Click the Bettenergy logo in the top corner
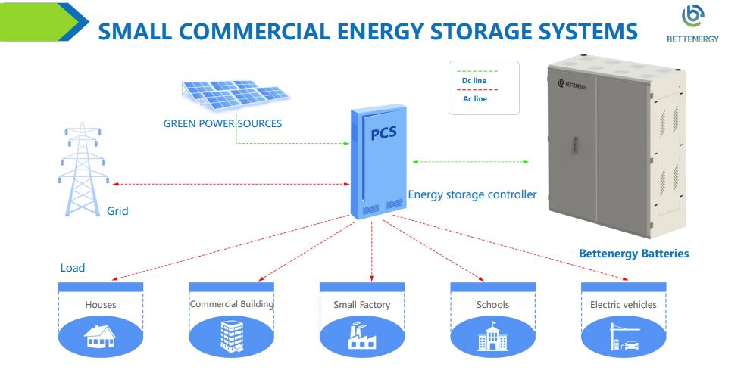(x=692, y=23)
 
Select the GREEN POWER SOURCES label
(x=222, y=123)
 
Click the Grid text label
(x=117, y=211)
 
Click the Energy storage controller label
(x=472, y=194)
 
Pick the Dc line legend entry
(x=474, y=80)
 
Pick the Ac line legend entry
(x=475, y=98)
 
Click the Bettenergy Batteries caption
(x=633, y=254)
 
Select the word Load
(x=73, y=268)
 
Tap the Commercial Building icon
(x=230, y=337)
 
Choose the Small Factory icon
(x=361, y=336)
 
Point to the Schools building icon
(x=492, y=338)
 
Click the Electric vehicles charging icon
(x=624, y=338)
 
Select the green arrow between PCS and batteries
(x=470, y=161)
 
